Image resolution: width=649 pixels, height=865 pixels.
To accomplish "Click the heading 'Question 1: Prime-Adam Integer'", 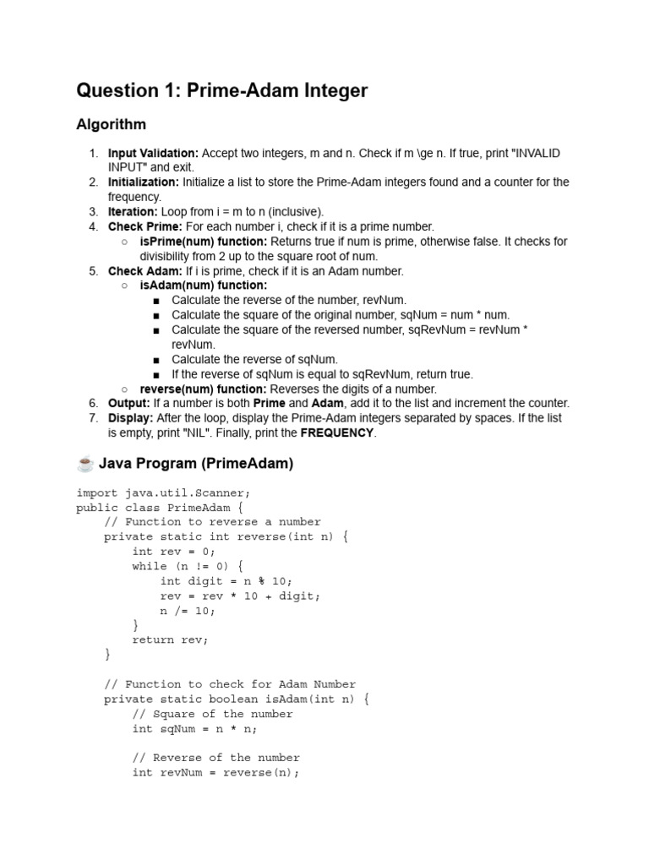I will coord(221,90).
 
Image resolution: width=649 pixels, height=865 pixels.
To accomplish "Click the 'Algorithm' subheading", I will coord(111,125).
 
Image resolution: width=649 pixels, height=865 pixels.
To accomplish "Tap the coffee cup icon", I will coord(85,463).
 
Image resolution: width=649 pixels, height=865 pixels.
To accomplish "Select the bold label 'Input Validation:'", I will coord(153,153).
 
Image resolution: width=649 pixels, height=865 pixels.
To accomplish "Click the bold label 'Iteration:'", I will coord(133,212).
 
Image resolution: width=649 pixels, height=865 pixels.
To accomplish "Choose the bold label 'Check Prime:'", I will coord(145,226).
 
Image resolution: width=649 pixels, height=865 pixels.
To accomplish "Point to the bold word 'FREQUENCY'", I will coord(337,432).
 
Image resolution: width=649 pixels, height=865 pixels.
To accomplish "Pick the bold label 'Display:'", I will coord(130,418).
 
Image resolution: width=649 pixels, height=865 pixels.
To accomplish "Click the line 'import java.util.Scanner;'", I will coord(163,492).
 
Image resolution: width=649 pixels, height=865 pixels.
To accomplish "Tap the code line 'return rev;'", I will coord(170,639).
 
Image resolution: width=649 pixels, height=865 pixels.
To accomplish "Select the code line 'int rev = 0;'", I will coord(167,552).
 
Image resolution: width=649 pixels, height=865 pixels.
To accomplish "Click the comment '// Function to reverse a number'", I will coord(212,522).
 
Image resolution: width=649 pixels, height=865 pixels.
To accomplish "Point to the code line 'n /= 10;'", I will coord(188,610).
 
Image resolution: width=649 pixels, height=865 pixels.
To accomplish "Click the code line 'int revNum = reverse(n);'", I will coord(215,772).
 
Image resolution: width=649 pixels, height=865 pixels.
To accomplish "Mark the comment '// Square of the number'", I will coord(212,714).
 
